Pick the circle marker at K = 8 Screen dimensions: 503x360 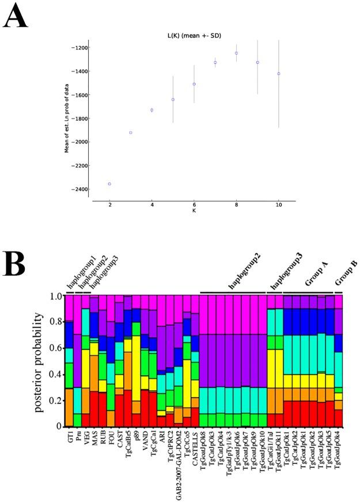tap(236, 53)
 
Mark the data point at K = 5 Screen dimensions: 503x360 tap(173, 100)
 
